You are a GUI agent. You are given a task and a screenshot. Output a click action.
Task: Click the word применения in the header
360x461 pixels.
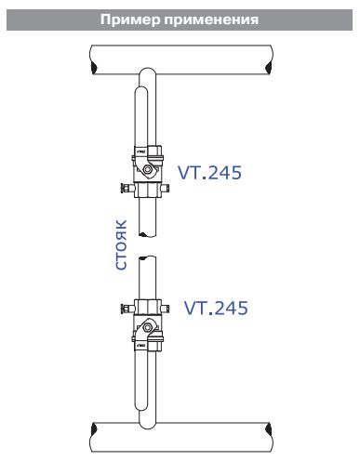click(x=211, y=20)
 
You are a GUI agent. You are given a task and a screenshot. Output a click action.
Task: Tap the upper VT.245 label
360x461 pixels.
click(x=209, y=173)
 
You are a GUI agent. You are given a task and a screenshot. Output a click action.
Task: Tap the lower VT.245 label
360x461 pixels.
click(x=216, y=308)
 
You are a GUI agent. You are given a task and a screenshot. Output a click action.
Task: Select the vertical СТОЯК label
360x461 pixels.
click(x=121, y=244)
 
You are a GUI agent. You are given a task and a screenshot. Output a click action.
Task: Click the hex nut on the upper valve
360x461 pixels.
click(x=148, y=169)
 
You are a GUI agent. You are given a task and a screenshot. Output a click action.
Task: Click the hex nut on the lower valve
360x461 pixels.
click(x=148, y=327)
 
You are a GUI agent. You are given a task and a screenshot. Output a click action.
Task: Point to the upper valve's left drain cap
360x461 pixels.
click(x=126, y=188)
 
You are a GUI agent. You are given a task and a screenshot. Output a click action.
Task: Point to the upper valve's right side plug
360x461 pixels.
click(x=166, y=188)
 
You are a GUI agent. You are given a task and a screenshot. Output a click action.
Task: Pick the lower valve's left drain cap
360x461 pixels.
click(x=126, y=309)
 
